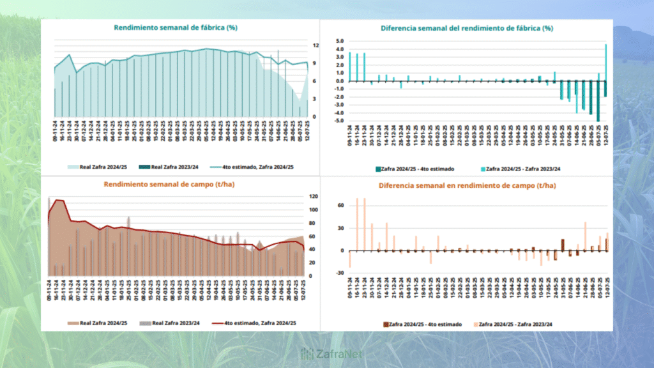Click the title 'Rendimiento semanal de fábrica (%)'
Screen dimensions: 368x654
(x=176, y=27)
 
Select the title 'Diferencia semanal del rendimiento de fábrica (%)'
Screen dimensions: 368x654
(x=466, y=28)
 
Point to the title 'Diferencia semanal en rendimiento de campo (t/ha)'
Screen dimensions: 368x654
(x=466, y=185)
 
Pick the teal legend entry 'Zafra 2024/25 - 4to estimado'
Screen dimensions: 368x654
(x=415, y=169)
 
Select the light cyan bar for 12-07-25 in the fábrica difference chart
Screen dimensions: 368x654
(x=606, y=62)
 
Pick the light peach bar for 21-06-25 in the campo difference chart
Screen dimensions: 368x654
(x=585, y=236)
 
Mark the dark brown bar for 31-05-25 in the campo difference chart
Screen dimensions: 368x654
(x=563, y=245)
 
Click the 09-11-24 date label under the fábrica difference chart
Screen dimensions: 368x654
(x=350, y=135)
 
